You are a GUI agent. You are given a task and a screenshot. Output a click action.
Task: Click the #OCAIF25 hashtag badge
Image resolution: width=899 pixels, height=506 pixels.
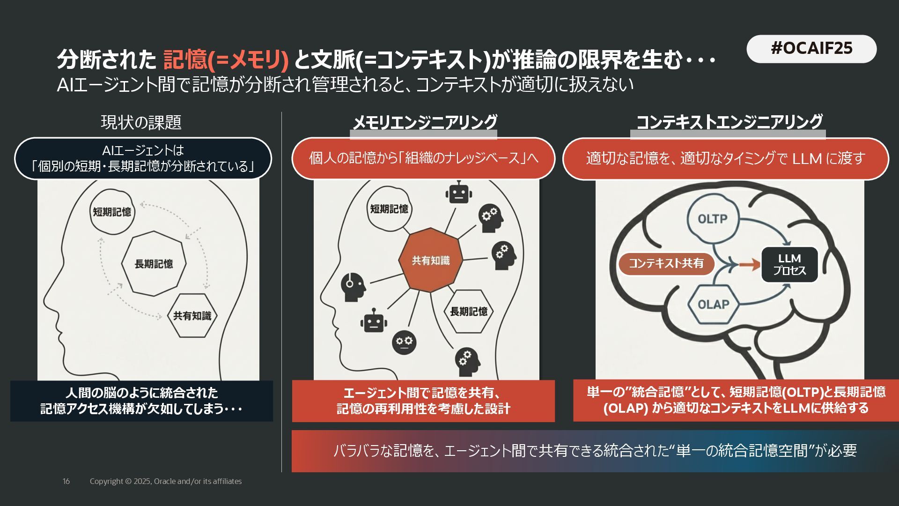811,49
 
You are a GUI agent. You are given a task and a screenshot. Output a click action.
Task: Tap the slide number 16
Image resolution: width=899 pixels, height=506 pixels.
66,481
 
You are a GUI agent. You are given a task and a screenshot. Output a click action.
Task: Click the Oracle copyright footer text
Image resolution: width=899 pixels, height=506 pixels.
166,481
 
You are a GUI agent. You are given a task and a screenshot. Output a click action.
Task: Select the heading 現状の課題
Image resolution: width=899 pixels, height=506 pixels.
141,122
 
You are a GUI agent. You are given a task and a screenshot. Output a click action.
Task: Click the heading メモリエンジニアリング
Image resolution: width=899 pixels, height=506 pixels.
424,122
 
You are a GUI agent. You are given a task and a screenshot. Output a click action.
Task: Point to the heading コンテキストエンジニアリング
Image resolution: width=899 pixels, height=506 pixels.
729,122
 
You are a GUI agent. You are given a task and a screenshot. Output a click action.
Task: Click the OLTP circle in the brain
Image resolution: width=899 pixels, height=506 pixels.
712,219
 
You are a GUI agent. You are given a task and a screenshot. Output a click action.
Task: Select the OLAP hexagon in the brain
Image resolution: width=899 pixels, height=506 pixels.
713,305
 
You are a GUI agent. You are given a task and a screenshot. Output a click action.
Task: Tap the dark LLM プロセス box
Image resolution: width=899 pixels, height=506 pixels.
789,265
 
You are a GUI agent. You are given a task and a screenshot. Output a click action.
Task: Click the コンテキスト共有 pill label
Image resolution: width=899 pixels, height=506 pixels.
666,263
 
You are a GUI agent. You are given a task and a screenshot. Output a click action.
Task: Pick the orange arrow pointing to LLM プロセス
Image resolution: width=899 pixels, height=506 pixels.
750,265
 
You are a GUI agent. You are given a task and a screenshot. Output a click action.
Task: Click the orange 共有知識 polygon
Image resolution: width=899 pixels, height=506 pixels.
430,260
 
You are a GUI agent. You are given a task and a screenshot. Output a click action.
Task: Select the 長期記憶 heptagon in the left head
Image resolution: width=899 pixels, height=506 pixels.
154,264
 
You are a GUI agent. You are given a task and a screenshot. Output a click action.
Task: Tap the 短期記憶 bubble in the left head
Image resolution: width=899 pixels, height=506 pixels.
112,212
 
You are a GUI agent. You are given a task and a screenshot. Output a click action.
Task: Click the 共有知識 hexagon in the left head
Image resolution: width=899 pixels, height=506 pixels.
192,316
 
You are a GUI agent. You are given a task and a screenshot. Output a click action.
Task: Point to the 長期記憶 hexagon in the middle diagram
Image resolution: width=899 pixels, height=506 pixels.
468,312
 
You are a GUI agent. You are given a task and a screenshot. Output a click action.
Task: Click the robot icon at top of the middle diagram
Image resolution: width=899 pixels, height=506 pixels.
458,193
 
